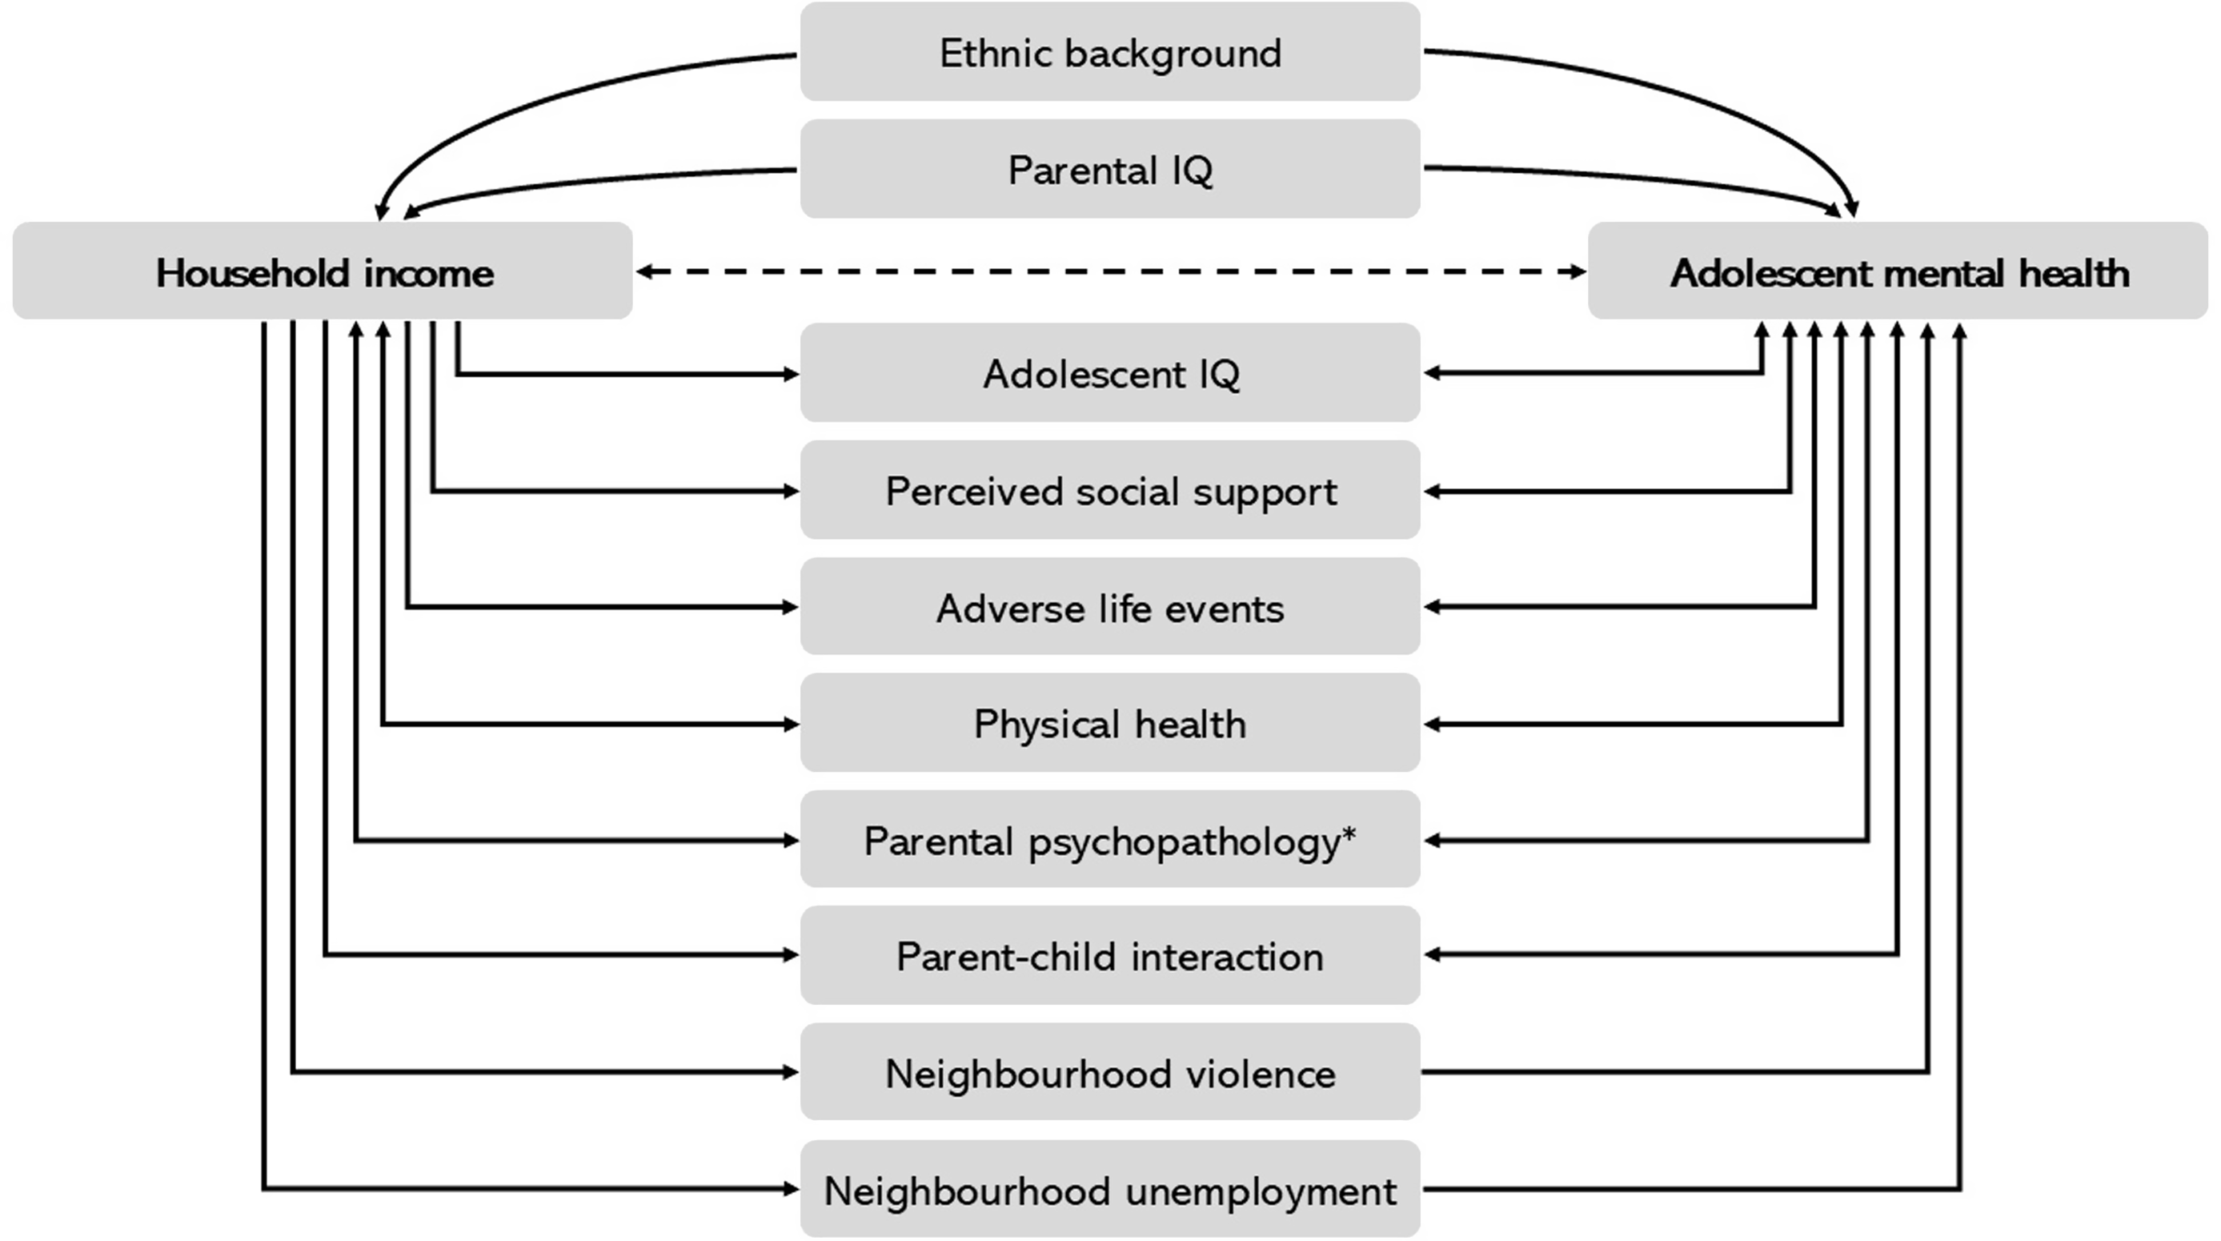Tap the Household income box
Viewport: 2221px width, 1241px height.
pyautogui.click(x=323, y=271)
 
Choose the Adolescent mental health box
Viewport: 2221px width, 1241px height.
pyautogui.click(x=1898, y=271)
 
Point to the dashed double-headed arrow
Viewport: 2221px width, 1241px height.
pyautogui.click(x=1111, y=271)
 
